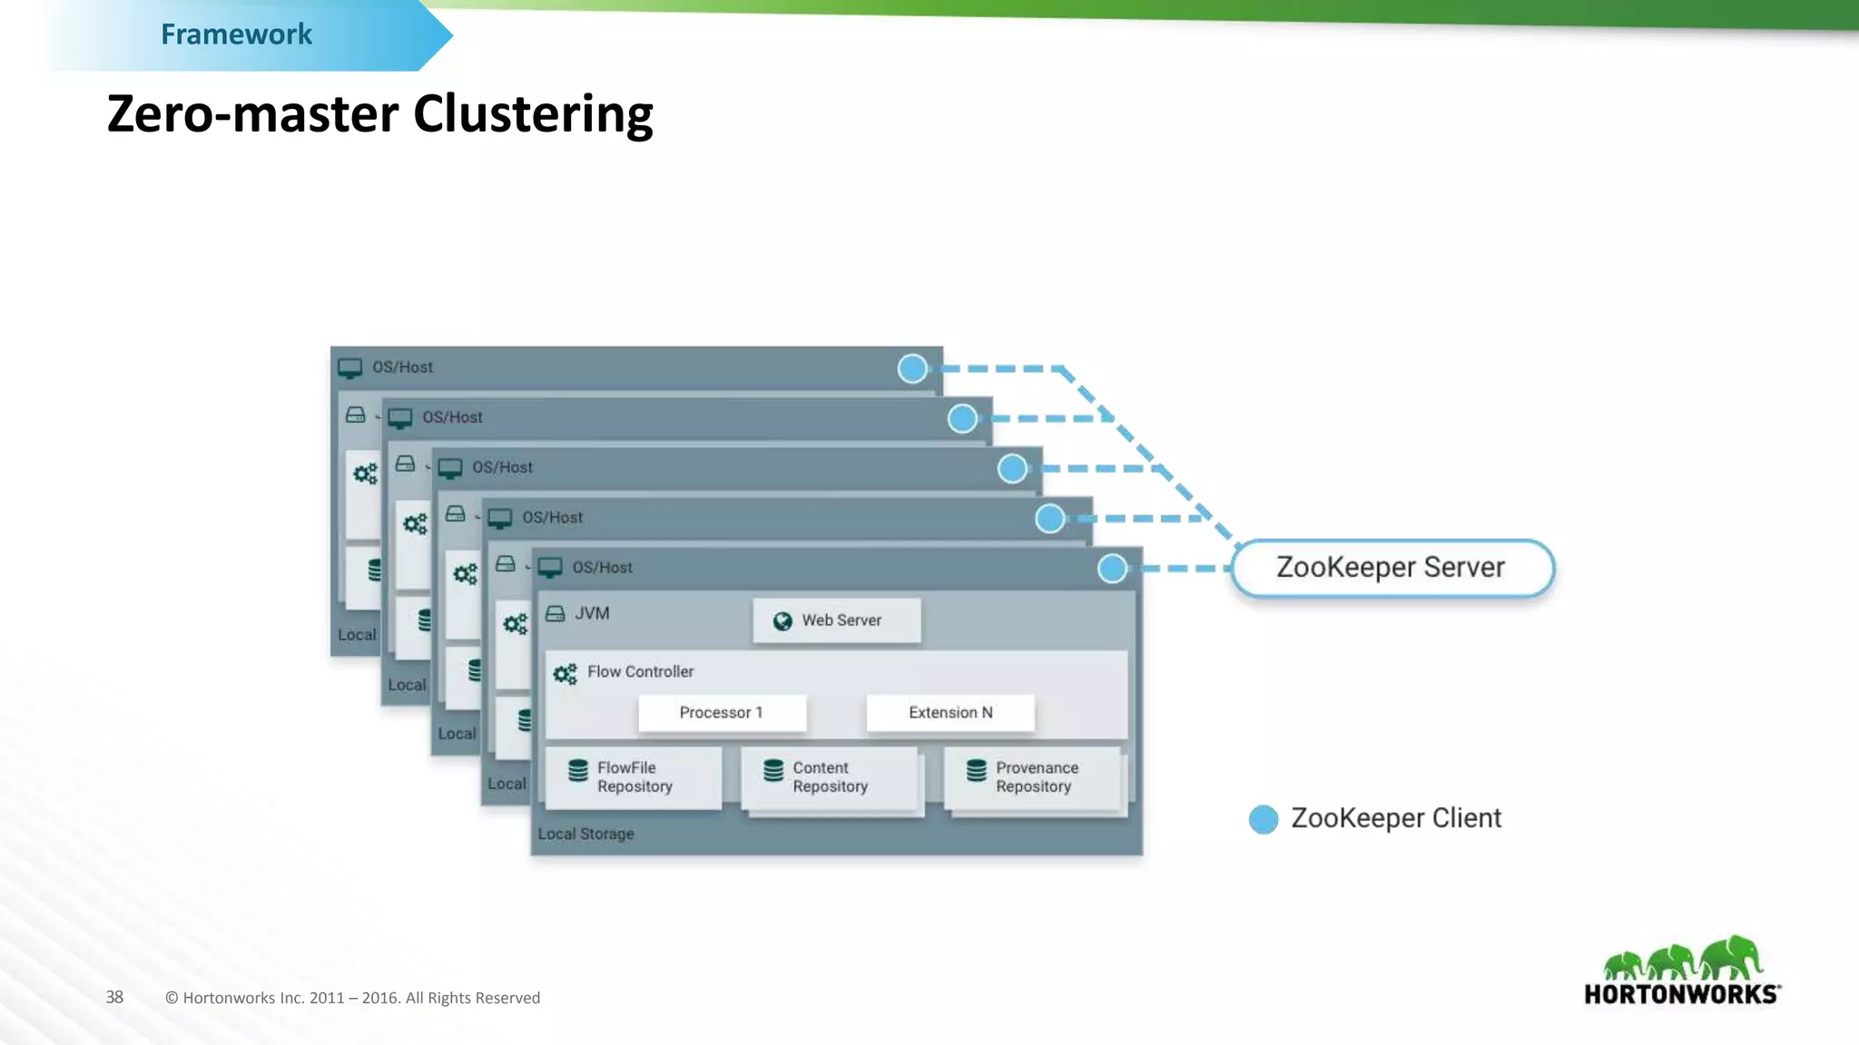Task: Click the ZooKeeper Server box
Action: click(x=1392, y=568)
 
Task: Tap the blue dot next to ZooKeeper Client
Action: click(x=1263, y=819)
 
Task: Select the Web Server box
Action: click(x=836, y=620)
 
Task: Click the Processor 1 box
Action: click(x=722, y=713)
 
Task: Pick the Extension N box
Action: click(x=950, y=713)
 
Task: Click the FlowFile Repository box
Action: click(x=634, y=777)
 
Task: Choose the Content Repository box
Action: click(x=830, y=777)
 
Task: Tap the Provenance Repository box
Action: click(x=1033, y=777)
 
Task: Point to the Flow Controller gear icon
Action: click(x=565, y=674)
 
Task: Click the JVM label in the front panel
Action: click(x=592, y=614)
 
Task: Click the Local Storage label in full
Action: click(x=585, y=834)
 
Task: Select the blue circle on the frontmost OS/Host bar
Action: click(x=1112, y=569)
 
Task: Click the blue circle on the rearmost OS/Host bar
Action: click(x=912, y=368)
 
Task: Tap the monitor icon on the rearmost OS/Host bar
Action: click(x=350, y=368)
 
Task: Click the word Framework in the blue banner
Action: click(x=236, y=34)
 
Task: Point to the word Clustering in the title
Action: click(x=533, y=114)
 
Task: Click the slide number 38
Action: click(x=114, y=997)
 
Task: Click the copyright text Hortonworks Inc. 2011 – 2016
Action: click(x=352, y=998)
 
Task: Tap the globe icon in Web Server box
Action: click(x=782, y=621)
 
